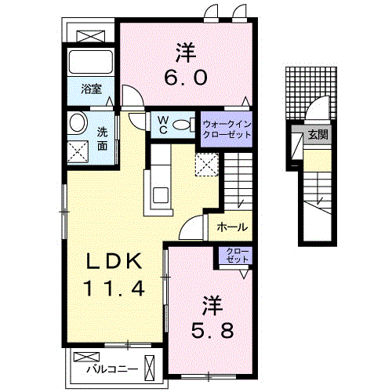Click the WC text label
coord(163,125)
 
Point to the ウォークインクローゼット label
coord(227,129)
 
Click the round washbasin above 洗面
coord(78,122)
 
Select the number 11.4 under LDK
coord(115,289)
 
